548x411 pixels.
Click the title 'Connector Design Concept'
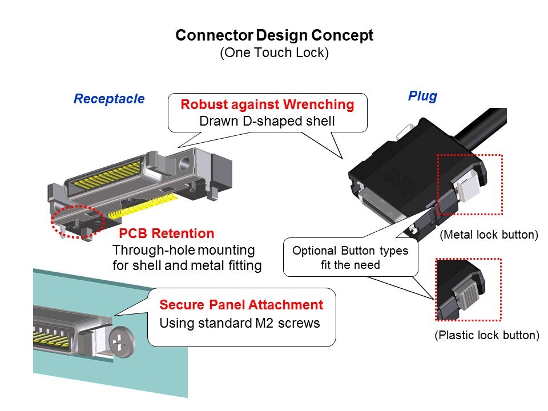274,35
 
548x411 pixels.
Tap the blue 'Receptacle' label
109,99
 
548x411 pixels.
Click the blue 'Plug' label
422,96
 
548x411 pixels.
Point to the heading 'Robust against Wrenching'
267,105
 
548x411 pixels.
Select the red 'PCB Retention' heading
167,233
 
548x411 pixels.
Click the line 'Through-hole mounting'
184,250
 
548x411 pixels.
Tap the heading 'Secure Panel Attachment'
241,305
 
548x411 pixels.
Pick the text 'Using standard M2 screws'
239,323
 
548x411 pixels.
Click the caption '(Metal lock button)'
489,234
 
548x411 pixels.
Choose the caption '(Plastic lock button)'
487,335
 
